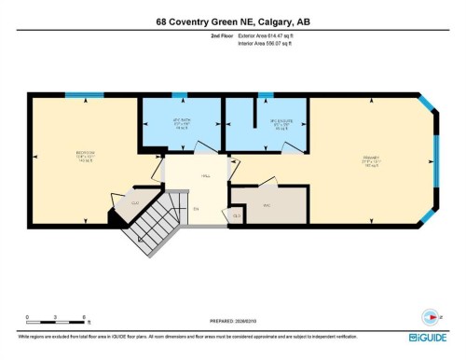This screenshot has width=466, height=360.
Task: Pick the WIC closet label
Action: click(x=266, y=205)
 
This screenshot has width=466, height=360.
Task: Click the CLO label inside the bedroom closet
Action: click(x=134, y=202)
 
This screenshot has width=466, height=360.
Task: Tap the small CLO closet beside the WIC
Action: click(x=237, y=215)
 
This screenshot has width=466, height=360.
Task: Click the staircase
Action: click(x=154, y=224)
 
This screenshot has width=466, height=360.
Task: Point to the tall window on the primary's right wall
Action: click(x=433, y=160)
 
